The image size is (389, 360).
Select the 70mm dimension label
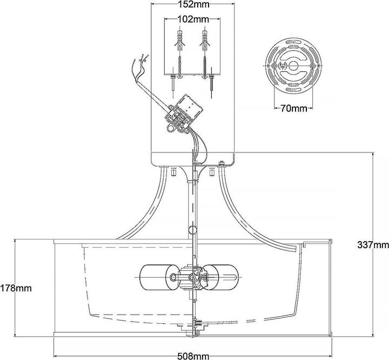click(293, 108)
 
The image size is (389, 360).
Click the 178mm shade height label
click(16, 288)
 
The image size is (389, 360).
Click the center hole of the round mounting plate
click(293, 65)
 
